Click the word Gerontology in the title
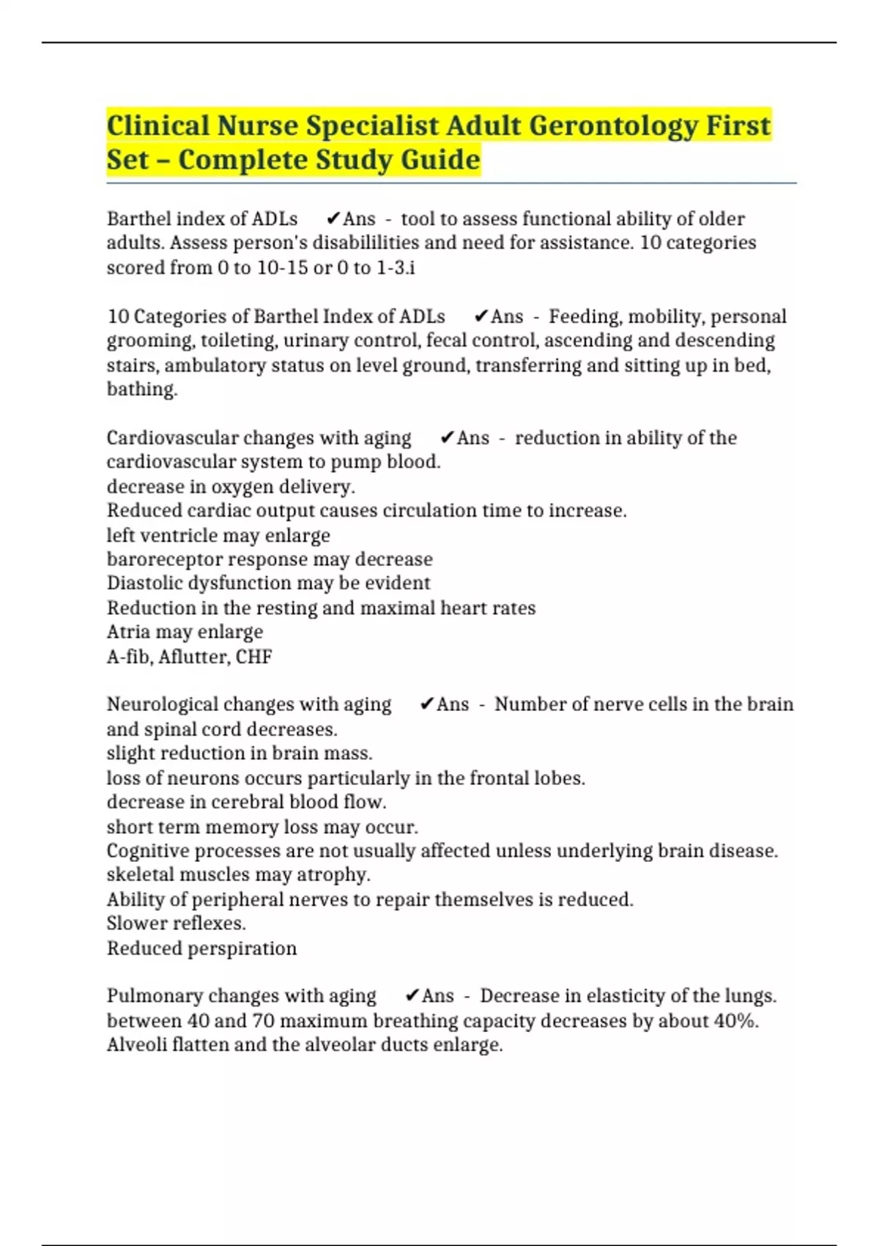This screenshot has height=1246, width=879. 614,126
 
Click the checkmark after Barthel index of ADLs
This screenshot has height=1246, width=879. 333,219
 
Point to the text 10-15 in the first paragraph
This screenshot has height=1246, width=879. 283,268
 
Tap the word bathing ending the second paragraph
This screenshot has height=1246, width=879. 141,389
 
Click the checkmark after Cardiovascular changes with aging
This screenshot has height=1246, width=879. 447,438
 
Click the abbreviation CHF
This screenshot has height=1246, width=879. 253,657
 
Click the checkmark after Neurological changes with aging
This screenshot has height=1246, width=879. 427,704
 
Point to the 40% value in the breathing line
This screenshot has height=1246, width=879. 735,1021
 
